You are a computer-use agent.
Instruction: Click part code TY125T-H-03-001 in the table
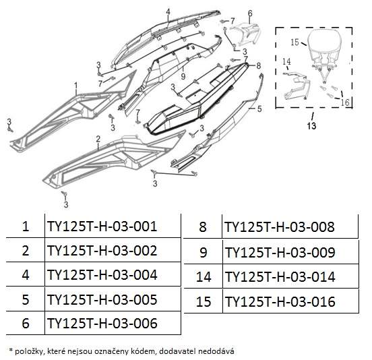pos(102,226)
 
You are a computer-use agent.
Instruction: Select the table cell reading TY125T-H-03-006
pos(102,323)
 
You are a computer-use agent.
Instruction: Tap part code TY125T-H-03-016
pos(280,302)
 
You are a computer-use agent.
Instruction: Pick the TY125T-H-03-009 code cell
pos(280,253)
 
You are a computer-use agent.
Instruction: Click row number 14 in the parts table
pos(204,277)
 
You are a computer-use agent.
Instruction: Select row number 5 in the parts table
pos(26,299)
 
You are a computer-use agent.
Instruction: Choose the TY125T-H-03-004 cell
pos(102,275)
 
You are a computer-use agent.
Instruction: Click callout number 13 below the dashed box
pos(311,126)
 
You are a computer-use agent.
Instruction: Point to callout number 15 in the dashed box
pos(294,42)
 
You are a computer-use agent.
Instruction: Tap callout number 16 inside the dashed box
pos(345,102)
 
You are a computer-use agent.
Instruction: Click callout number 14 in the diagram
pos(286,61)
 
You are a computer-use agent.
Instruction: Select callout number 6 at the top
pos(250,13)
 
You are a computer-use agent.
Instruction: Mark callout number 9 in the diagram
pos(183,76)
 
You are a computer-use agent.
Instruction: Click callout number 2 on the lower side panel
pos(98,139)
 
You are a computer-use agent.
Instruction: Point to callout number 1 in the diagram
pos(76,86)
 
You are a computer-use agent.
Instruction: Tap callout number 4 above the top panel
pos(168,11)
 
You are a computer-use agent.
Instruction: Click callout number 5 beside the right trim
pos(259,109)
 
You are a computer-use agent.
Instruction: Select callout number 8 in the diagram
pos(259,66)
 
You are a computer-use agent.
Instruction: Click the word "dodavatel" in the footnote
pos(177,351)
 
